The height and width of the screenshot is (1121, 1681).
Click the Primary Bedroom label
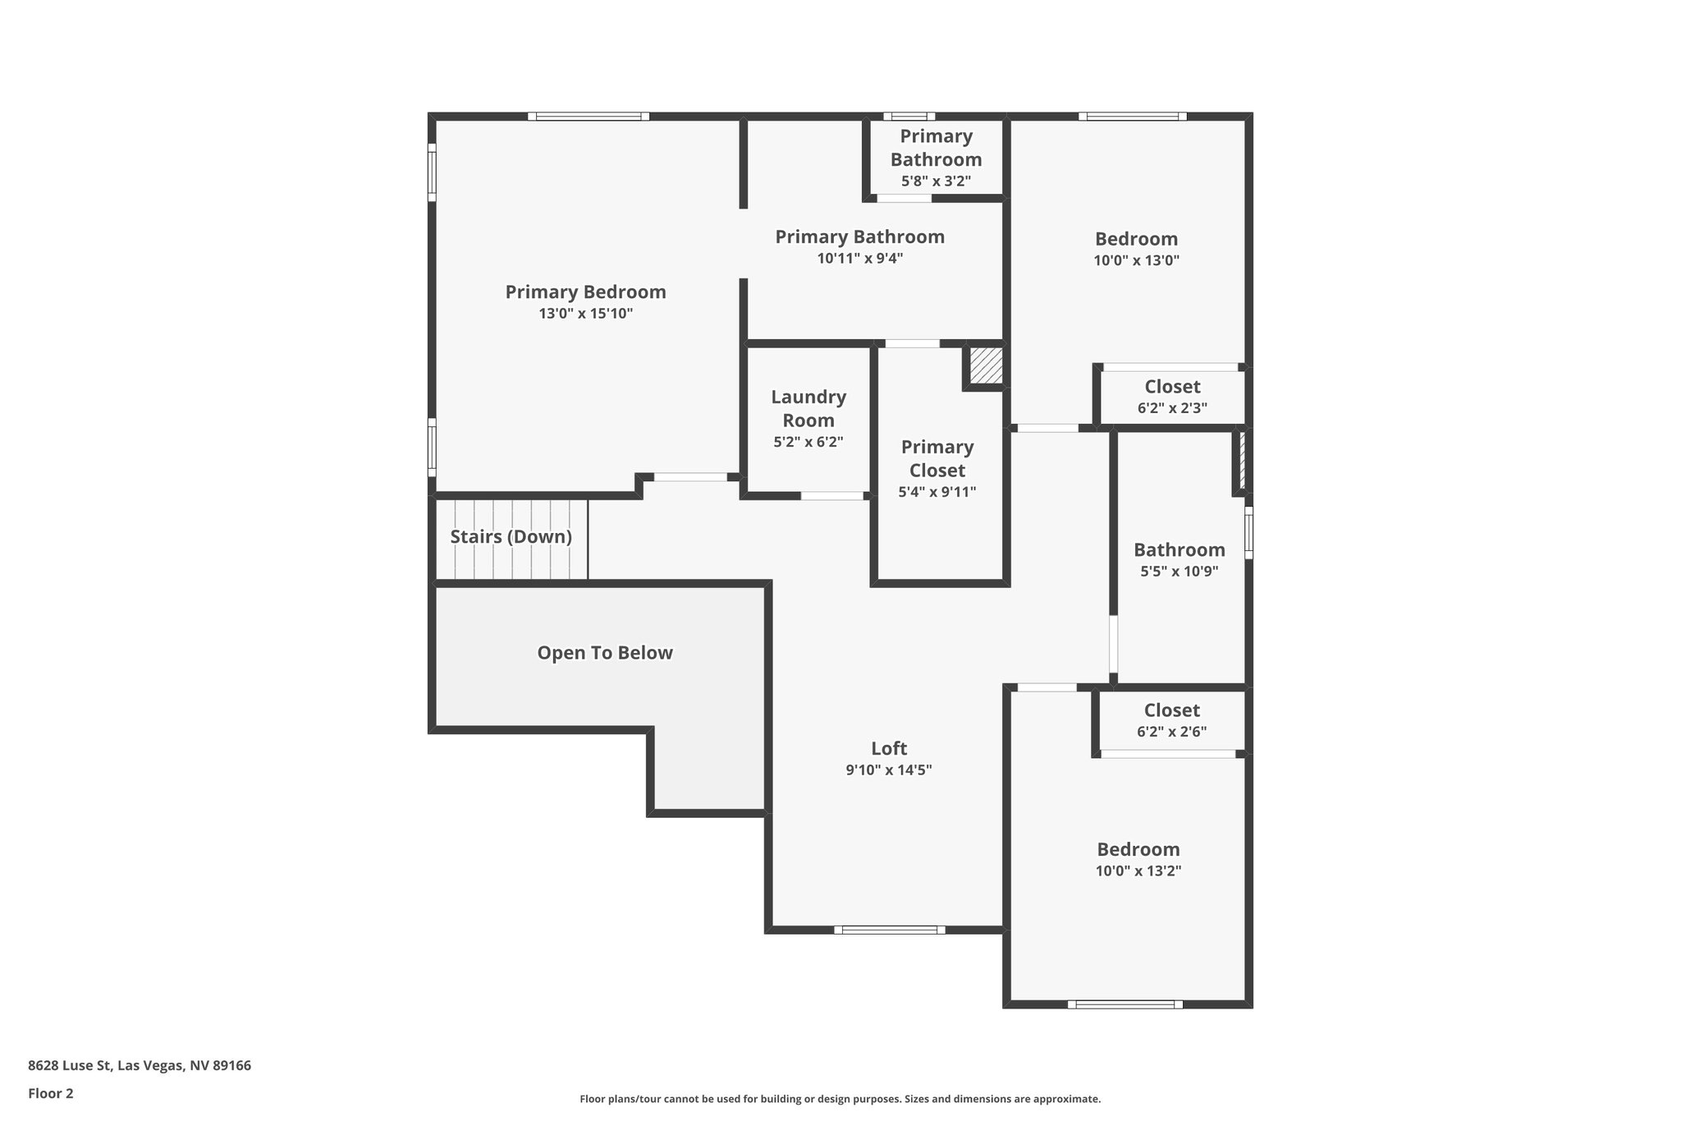click(x=585, y=292)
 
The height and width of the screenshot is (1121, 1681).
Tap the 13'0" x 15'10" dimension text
click(x=585, y=314)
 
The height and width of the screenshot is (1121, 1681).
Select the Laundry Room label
click(x=808, y=408)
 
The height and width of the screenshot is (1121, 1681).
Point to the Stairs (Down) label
click(x=511, y=537)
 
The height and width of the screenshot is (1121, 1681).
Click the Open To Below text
click(x=605, y=653)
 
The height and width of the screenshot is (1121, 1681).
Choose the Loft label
click(x=889, y=748)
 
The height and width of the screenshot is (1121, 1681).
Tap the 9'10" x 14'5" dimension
click(x=889, y=770)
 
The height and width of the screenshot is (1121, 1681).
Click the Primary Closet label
click(x=937, y=458)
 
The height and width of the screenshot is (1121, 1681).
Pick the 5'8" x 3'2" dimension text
click(x=936, y=181)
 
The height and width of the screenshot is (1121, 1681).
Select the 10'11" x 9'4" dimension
click(x=859, y=259)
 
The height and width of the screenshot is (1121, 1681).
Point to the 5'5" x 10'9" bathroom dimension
click(x=1179, y=572)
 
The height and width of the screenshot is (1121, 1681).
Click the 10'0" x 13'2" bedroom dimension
click(x=1138, y=871)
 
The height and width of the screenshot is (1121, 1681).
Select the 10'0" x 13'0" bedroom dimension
click(x=1136, y=261)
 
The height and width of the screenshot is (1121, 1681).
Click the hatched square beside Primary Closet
click(x=986, y=365)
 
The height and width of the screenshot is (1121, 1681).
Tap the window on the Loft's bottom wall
click(x=890, y=930)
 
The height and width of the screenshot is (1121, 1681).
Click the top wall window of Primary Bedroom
click(x=589, y=117)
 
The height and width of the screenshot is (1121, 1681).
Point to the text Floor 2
click(x=51, y=1093)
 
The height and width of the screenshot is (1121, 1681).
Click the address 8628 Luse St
click(x=140, y=1066)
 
